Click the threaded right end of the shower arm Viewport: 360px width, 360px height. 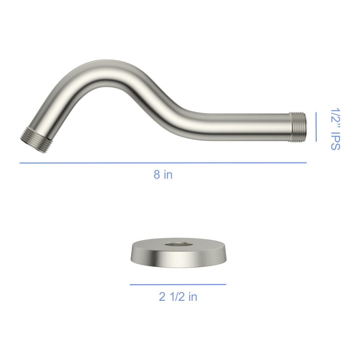coord(297,127)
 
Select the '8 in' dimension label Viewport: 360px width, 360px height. coord(163,174)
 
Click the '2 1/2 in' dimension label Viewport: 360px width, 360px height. coord(178,297)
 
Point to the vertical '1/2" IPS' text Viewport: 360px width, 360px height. coord(335,129)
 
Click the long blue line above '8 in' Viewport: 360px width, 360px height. coord(163,163)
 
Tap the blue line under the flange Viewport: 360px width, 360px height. coord(178,284)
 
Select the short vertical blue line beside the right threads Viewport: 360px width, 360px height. coord(316,127)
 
